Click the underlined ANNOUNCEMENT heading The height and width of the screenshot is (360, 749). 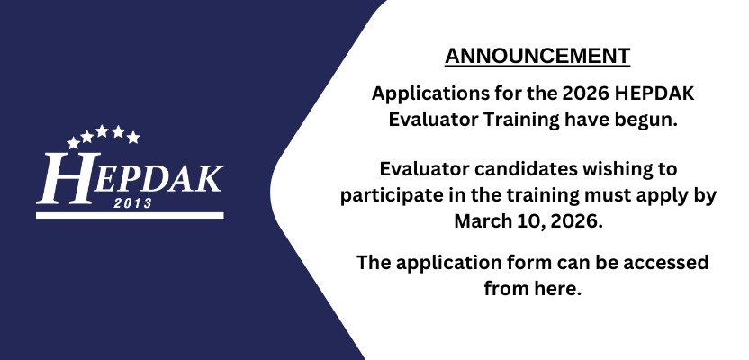[537, 56]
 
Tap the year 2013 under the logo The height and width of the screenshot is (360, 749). [133, 203]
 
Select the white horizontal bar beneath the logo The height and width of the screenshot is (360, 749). [130, 215]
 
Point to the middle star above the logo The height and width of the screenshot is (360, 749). [102, 130]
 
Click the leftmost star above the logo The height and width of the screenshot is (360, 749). [73, 142]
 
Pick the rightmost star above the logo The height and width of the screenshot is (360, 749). [133, 138]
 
